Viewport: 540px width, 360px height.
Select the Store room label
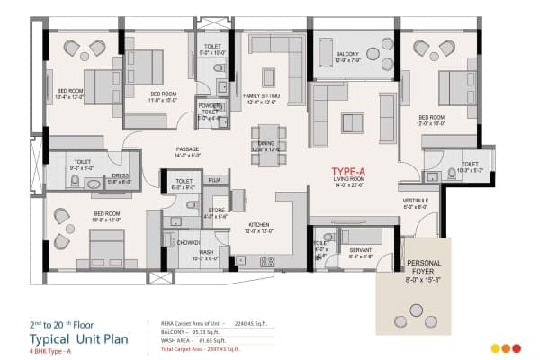point(215,211)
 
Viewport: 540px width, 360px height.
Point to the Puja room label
point(214,181)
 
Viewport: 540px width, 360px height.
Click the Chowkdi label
point(188,242)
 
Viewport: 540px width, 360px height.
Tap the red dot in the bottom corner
point(517,348)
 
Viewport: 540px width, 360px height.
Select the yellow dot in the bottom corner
point(495,348)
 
